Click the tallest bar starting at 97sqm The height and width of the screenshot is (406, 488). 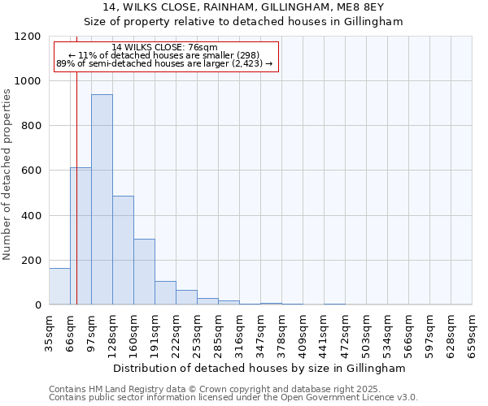(102, 200)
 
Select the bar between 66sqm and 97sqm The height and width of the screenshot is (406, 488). (81, 236)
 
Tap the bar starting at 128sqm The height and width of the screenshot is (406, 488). (123, 250)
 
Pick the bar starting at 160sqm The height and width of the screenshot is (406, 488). (144, 272)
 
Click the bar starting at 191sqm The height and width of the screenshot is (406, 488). (165, 293)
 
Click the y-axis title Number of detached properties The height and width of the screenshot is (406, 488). (7, 175)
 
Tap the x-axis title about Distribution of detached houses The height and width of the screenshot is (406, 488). (260, 368)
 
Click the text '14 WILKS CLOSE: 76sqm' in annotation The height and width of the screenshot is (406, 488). (165, 47)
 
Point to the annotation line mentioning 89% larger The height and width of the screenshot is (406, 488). (165, 63)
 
